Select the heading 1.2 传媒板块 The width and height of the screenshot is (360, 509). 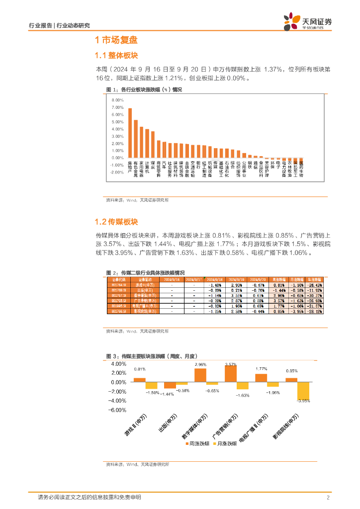116,222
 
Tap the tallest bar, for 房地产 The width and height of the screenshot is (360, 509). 130,133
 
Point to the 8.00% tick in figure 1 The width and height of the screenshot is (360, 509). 117,100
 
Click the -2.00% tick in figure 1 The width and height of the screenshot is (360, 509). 117,172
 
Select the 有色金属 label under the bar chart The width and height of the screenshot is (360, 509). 136,168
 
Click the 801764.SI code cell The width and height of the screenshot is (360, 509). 119,285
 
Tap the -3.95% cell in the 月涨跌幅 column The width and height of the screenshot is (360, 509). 296,312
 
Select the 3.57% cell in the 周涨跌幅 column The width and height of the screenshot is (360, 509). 279,301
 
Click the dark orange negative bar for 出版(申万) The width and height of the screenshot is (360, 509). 170,385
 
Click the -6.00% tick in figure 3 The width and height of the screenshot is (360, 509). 117,410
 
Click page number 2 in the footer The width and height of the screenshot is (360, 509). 328,498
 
